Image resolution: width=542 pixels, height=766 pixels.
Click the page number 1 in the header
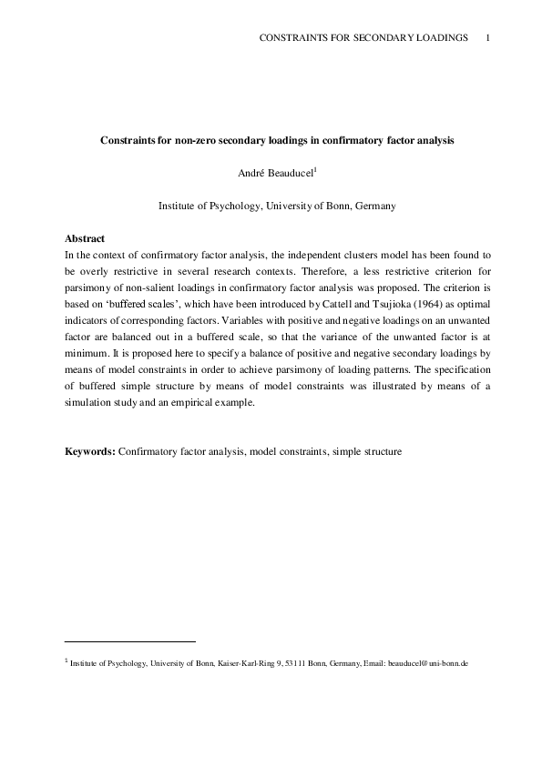(x=489, y=37)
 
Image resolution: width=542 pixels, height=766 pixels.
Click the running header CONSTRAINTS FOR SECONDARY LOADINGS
(x=364, y=37)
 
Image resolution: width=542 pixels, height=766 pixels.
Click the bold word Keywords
(x=89, y=450)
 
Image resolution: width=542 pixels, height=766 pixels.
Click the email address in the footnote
(x=427, y=664)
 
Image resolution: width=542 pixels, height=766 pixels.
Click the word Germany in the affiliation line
(x=373, y=207)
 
